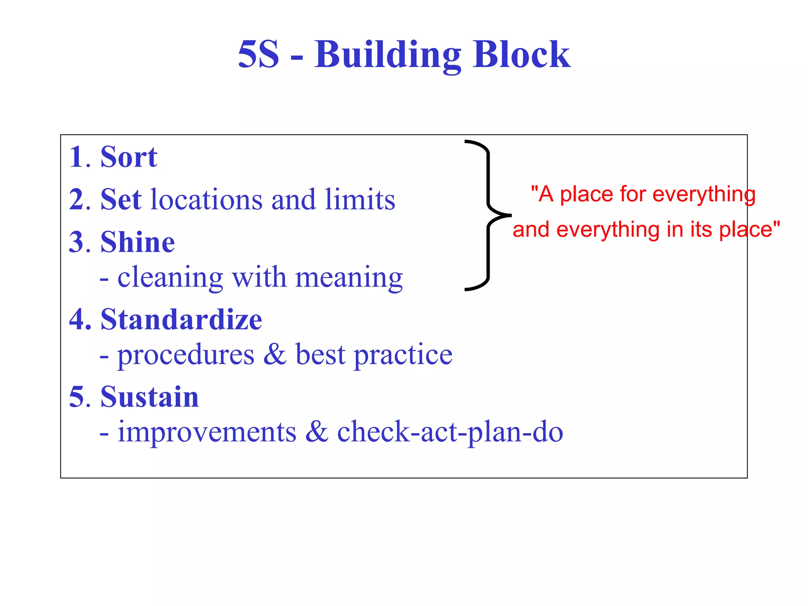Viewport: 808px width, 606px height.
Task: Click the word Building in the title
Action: [387, 55]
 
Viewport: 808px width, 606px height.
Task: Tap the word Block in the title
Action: [521, 55]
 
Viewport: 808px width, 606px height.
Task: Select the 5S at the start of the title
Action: [258, 55]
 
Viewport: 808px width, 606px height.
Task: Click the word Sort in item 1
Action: [129, 157]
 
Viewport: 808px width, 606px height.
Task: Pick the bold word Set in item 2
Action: [121, 200]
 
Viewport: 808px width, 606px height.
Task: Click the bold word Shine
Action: [137, 242]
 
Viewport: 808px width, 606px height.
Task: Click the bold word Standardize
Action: [181, 320]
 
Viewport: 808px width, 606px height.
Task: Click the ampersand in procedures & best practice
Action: [275, 354]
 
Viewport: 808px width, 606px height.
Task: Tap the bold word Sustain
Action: [150, 397]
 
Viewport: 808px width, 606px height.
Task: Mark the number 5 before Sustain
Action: [77, 397]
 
